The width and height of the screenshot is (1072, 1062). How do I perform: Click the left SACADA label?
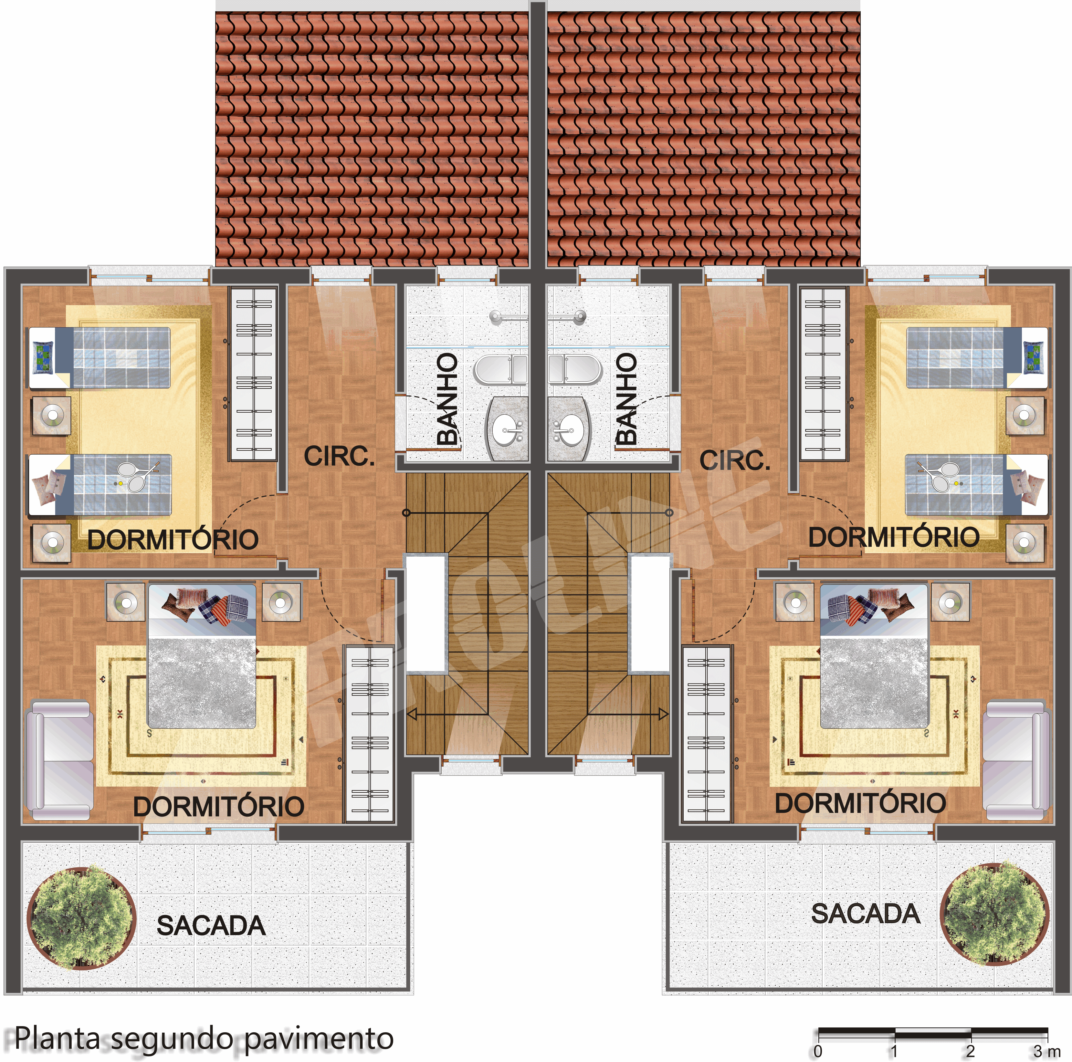point(211,925)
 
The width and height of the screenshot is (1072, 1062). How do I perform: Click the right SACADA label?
point(866,914)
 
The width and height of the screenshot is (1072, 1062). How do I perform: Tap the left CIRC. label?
point(340,456)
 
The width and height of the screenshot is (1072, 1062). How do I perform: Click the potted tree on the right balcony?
point(996,913)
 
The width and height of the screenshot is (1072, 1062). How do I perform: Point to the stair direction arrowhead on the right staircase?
point(663,714)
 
